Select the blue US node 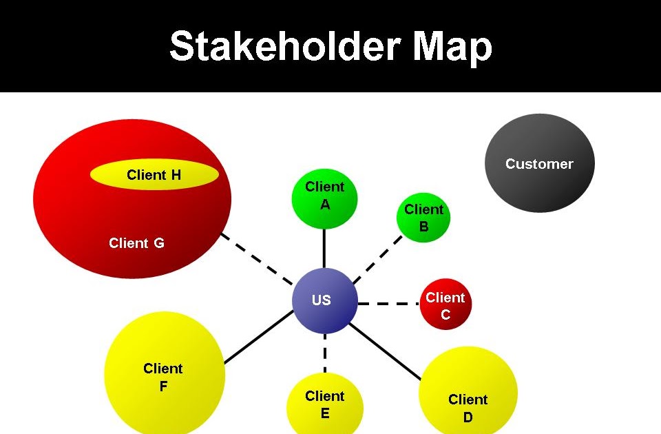point(324,301)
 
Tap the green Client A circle point(325,198)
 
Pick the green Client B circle point(423,217)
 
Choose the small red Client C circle point(445,304)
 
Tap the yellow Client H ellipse point(154,175)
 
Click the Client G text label point(136,243)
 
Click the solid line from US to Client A point(324,248)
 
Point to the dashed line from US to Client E point(325,353)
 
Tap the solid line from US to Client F point(258,337)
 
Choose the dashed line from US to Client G point(256,259)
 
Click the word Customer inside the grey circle point(539,164)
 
